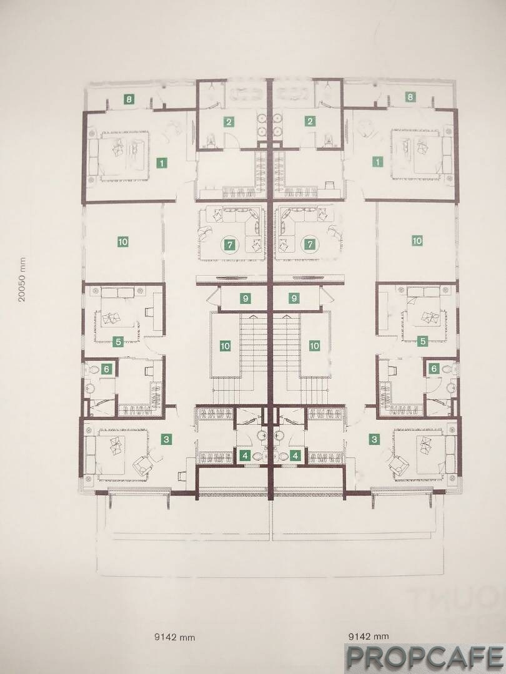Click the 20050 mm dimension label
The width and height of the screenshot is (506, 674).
22,280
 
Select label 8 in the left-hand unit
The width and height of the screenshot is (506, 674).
129,99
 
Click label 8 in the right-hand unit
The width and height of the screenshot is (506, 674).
410,97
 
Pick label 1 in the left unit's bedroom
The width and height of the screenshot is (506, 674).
161,163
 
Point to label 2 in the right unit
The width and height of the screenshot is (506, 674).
310,122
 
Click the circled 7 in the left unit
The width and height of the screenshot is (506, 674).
230,245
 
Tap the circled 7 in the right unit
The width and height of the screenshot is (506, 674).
310,245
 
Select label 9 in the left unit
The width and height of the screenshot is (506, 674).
246,298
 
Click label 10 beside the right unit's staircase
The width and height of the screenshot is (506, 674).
314,346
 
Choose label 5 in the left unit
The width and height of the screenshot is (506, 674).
117,342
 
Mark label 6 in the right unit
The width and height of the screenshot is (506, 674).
434,368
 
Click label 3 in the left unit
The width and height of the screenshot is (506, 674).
167,439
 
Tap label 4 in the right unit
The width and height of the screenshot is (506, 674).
295,455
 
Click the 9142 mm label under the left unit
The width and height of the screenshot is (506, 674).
174,637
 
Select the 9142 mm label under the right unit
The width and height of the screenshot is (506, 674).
369,636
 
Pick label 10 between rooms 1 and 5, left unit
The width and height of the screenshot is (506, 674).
122,242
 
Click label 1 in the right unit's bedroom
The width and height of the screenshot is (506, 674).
377,162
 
